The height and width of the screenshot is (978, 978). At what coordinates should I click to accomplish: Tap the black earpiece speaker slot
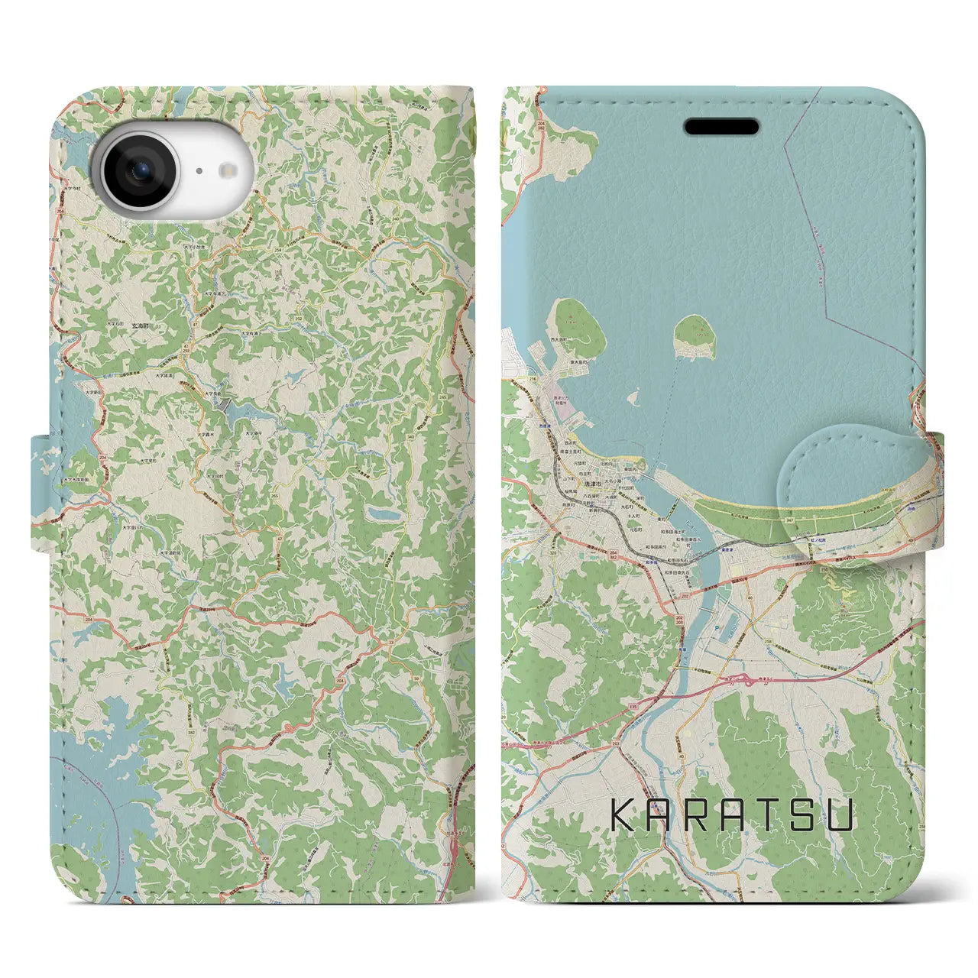click(x=721, y=127)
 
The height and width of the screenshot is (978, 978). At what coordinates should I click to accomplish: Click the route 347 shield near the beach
click(x=789, y=520)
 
